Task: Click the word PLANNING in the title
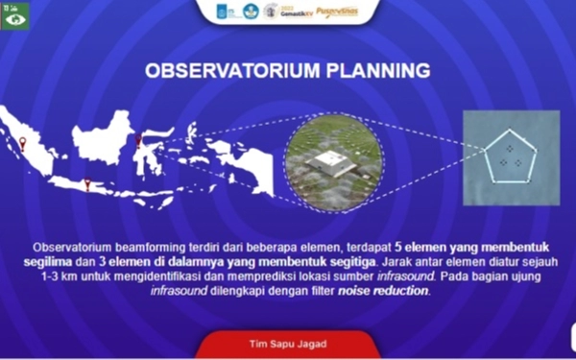(x=374, y=70)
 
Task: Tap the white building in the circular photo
(x=331, y=161)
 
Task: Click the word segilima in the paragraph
(x=56, y=261)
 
